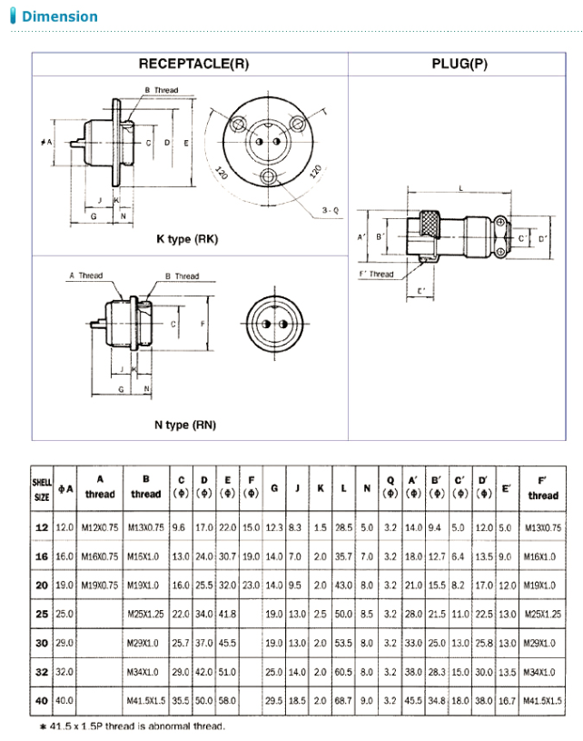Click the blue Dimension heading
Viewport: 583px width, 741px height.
59,16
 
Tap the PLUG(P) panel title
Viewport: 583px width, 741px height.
465,64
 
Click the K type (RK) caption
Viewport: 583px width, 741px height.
187,239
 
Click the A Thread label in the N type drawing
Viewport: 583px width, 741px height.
86,275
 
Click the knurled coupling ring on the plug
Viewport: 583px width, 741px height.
430,225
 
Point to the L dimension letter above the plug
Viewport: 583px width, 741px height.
462,186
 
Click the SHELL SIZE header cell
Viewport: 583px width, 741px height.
42,488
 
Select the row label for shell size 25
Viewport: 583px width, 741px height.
42,615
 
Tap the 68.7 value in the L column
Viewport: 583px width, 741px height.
343,702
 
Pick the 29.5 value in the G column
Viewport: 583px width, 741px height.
273,702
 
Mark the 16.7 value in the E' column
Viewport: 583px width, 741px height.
507,702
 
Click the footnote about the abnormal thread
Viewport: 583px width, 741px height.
131,726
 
